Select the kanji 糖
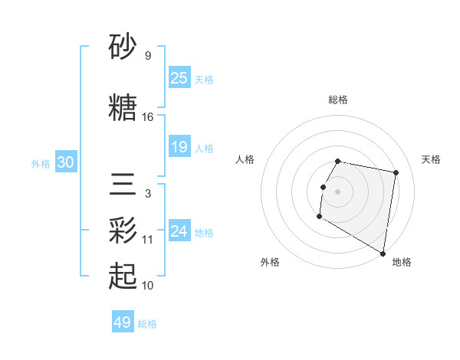point(123,106)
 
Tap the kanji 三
point(123,186)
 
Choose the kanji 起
point(123,274)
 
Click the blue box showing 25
point(179,77)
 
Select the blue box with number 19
point(179,147)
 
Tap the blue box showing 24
point(179,231)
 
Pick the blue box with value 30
point(66,162)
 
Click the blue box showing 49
point(123,322)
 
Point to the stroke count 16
point(148,117)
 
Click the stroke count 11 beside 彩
point(148,239)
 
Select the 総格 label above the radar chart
point(338,100)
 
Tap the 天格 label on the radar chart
point(432,159)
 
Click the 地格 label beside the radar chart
point(402,262)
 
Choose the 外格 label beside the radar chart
point(270,262)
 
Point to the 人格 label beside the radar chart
point(245,159)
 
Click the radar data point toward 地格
point(383,254)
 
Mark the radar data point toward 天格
point(396,173)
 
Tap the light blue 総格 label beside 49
point(147,324)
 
